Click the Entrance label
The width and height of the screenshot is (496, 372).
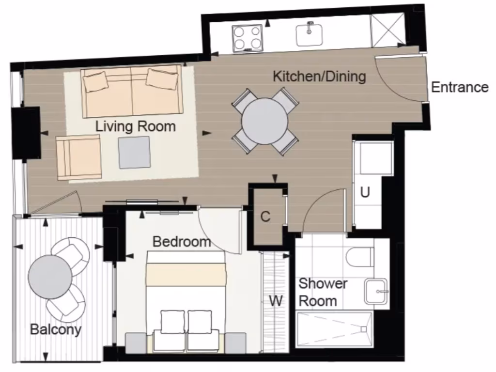click(459, 87)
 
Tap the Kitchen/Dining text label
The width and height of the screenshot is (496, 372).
click(319, 77)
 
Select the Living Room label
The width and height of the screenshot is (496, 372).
click(135, 126)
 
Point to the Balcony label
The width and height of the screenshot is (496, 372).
click(55, 329)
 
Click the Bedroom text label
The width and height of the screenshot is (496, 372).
click(182, 241)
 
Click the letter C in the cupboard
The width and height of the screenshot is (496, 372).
click(265, 217)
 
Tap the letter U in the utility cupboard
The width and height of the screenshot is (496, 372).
click(365, 192)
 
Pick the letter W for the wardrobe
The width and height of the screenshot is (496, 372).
click(276, 301)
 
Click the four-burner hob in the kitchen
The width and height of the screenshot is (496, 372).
click(247, 38)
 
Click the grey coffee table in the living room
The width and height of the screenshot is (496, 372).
click(135, 152)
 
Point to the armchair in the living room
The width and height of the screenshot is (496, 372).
click(79, 157)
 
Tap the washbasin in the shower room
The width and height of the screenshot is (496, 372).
click(376, 291)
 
